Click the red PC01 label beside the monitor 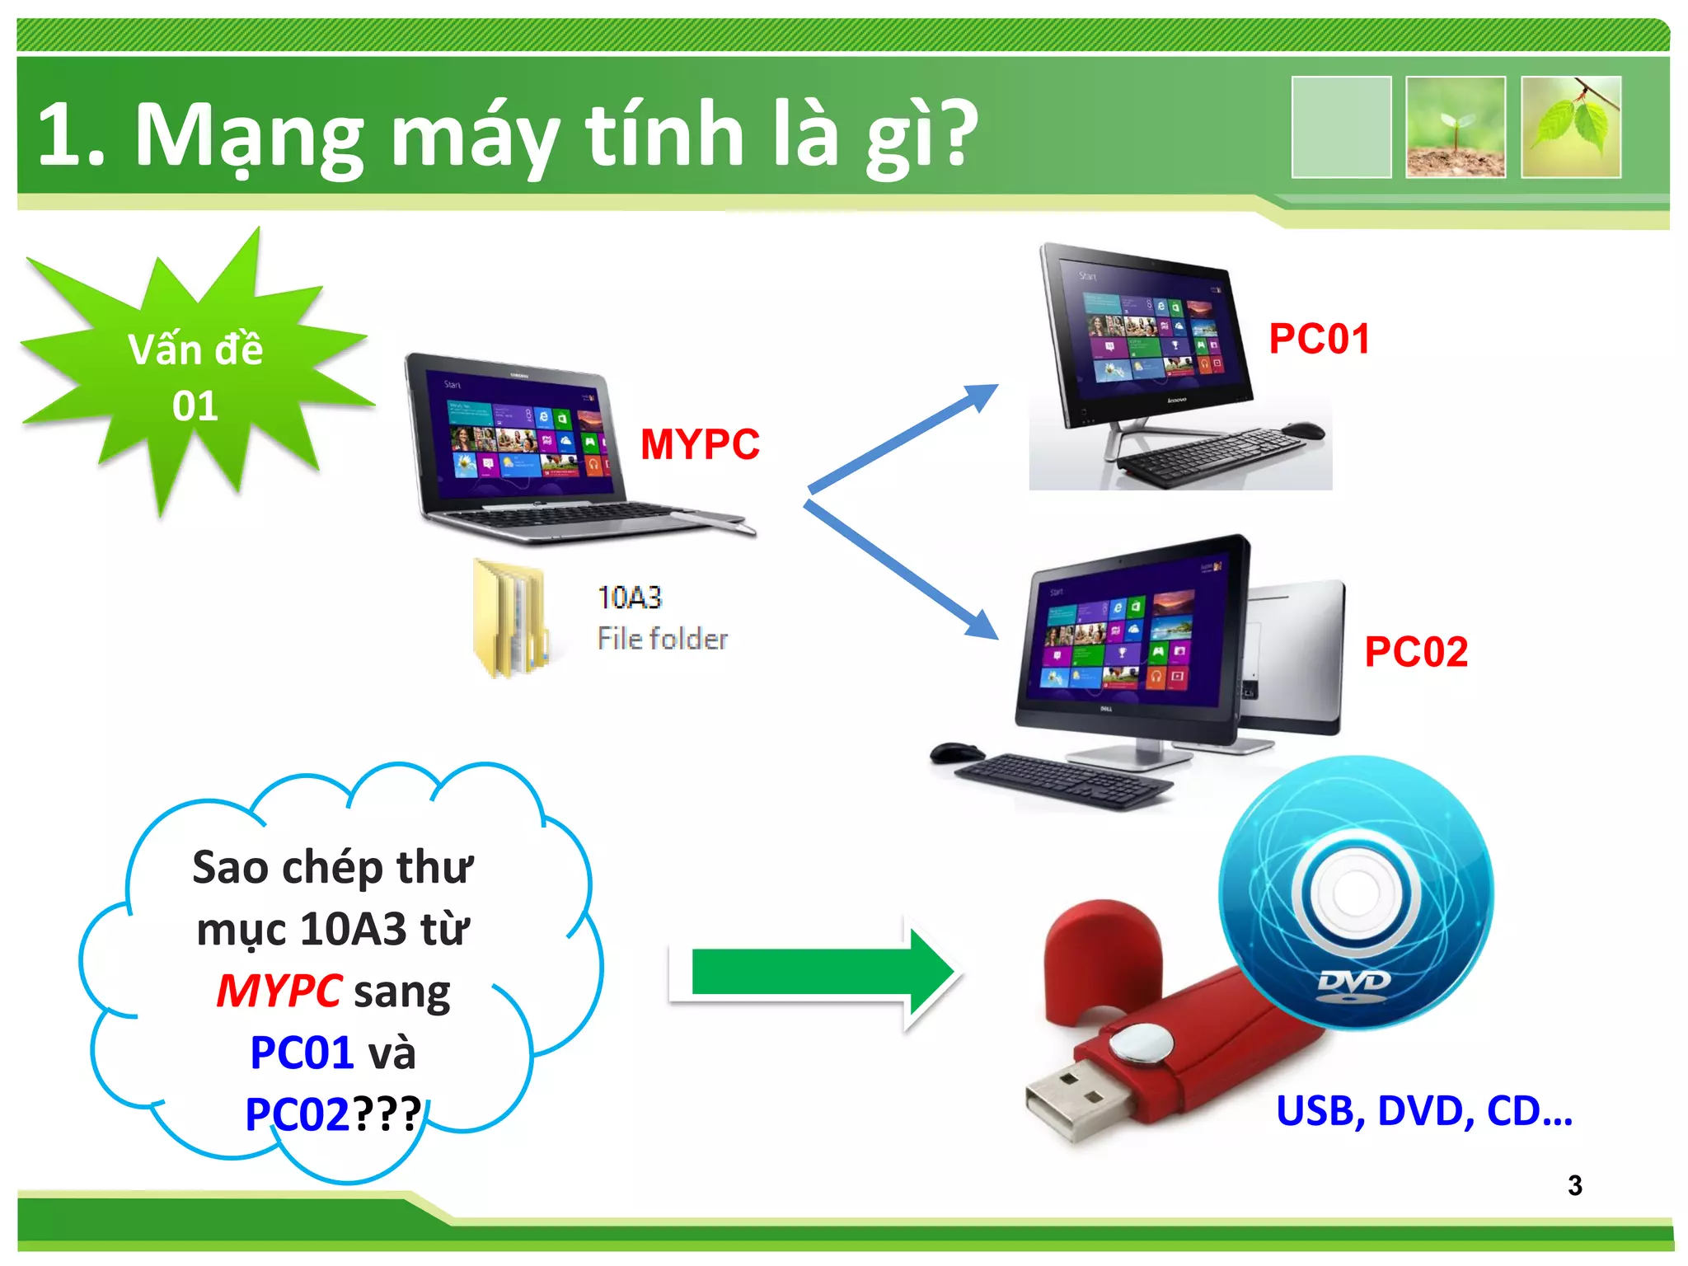tap(1319, 339)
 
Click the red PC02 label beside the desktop tap(1415, 652)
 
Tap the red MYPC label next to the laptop tap(700, 444)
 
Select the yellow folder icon tap(509, 618)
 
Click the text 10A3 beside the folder tap(629, 598)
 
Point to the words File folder tap(662, 639)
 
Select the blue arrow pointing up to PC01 tap(903, 438)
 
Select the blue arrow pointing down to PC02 tap(901, 570)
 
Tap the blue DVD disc tap(1356, 894)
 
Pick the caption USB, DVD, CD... tap(1423, 1111)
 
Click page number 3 tap(1574, 1185)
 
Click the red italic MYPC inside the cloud tap(279, 991)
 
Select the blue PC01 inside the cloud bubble tap(302, 1053)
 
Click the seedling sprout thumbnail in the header tap(1455, 127)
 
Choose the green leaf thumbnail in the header tap(1570, 127)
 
